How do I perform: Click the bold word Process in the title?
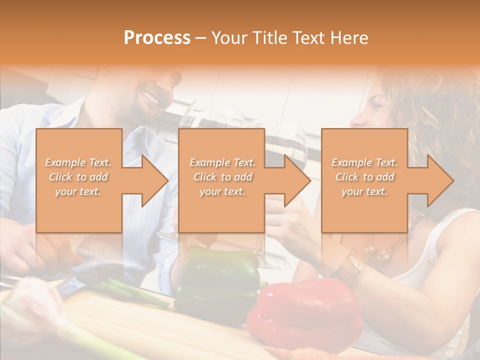[x=157, y=38]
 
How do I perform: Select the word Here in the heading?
[x=349, y=38]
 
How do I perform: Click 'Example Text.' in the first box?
[x=78, y=162]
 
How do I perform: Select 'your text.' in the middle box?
[x=222, y=191]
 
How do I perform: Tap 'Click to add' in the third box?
[x=364, y=177]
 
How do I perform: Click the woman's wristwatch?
[x=353, y=265]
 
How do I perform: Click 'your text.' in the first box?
[x=78, y=191]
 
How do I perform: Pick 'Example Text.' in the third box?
[x=364, y=162]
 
